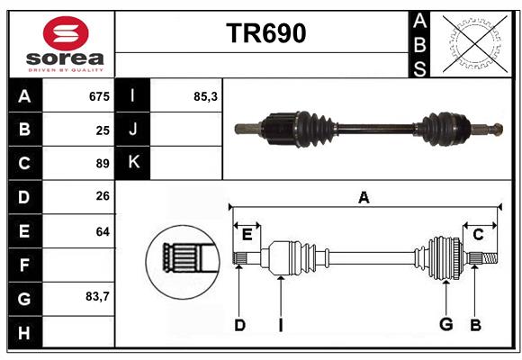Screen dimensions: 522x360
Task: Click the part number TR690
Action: point(266,33)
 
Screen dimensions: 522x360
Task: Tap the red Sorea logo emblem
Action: point(66,33)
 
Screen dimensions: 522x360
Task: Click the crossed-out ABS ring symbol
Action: point(475,43)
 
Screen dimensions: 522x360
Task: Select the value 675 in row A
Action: point(99,96)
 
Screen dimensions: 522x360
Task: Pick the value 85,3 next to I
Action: point(205,96)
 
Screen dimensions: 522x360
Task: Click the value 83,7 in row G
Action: point(97,296)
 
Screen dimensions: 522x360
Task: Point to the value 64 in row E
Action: point(103,231)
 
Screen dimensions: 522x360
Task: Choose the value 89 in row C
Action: point(103,164)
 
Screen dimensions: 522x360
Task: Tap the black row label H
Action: point(24,332)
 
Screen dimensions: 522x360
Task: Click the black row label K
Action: point(133,162)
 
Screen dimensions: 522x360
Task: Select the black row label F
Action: point(24,265)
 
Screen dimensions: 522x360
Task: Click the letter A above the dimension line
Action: point(364,197)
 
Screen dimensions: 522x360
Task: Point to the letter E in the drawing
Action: point(247,235)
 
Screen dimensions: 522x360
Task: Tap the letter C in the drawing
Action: point(478,235)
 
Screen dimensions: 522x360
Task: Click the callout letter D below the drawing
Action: point(239,325)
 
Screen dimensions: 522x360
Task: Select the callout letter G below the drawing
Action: point(445,324)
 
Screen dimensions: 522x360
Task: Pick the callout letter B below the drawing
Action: point(475,325)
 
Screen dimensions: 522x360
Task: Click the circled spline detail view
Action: point(183,262)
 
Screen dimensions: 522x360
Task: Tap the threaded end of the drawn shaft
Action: point(490,258)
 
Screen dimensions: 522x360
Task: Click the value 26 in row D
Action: point(103,196)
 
